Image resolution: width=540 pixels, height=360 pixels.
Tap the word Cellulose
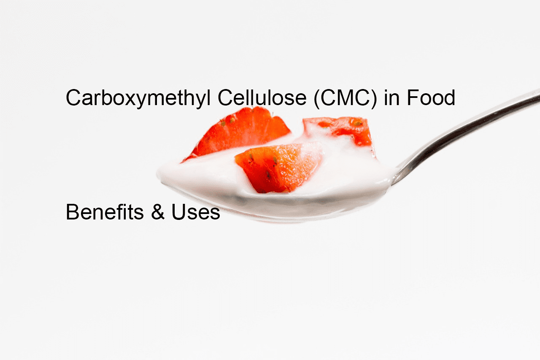(x=262, y=97)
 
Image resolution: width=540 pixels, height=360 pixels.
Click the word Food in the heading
(x=431, y=97)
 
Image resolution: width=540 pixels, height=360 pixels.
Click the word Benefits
(x=105, y=212)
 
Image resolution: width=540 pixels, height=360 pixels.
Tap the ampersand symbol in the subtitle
(x=158, y=212)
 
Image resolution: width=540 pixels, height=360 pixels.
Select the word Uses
(x=195, y=212)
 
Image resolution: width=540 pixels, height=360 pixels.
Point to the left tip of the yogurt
(x=157, y=173)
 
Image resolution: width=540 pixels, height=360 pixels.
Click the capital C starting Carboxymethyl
(x=73, y=97)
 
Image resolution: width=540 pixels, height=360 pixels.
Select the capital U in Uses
(x=178, y=212)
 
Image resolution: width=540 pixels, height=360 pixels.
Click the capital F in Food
(x=413, y=97)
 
